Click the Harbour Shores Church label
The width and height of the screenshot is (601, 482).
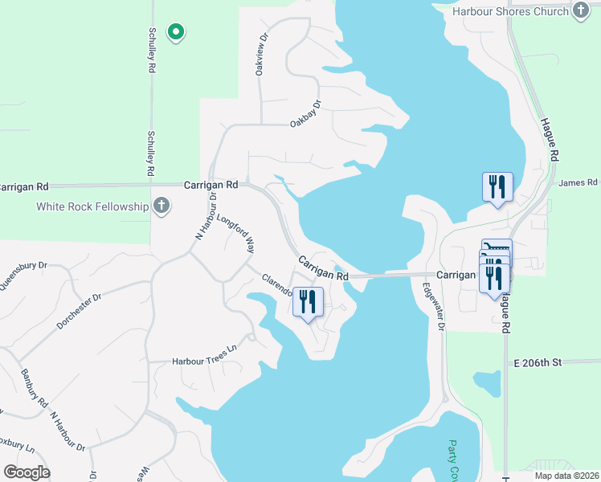[x=509, y=11]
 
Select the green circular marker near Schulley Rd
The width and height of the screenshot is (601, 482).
[x=175, y=32]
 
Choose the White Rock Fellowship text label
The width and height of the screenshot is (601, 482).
[x=93, y=206]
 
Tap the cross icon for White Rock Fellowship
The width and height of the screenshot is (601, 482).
[x=161, y=206]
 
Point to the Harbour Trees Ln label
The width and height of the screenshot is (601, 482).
[x=206, y=361]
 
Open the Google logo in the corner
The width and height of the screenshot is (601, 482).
[x=27, y=472]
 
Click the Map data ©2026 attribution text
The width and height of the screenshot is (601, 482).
[x=566, y=476]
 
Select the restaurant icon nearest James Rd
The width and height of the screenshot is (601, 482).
[x=497, y=187]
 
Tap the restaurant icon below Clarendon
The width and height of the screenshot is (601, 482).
[x=309, y=301]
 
